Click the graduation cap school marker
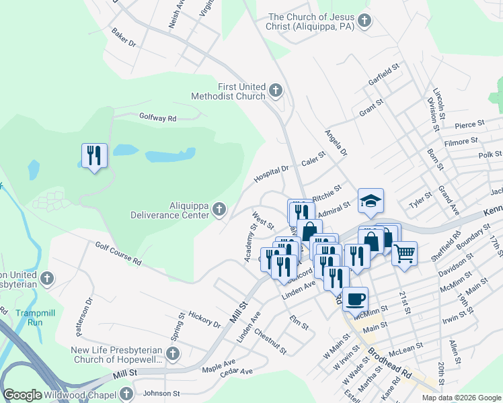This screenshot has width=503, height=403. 371,201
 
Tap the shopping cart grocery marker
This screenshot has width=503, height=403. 404,254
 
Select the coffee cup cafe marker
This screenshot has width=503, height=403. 355,298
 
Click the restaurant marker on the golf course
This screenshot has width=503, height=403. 93,156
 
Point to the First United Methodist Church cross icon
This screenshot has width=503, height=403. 275,91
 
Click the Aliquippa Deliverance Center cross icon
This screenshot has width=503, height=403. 219,211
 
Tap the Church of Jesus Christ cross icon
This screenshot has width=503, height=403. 364,21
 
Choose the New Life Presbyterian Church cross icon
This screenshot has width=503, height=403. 173,354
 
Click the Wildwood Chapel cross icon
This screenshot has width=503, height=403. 126,394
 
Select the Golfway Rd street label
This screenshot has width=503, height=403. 157,118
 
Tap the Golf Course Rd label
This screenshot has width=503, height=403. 118,253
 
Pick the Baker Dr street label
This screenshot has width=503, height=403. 124,41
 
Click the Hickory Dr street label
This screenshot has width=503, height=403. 205,319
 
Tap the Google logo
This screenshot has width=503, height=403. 23,396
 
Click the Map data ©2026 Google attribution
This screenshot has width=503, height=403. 461,398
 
